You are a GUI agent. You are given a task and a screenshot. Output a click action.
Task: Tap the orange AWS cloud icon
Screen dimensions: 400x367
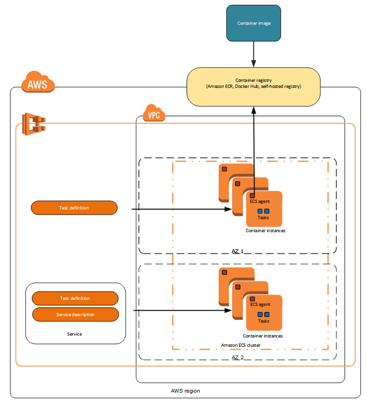click(x=37, y=83)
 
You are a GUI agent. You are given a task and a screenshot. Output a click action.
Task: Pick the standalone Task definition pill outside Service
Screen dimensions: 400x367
click(x=74, y=208)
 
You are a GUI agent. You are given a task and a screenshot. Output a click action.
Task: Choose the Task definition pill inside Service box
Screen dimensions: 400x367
click(x=75, y=298)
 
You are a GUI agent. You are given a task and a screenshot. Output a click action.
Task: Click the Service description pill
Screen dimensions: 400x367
click(x=75, y=315)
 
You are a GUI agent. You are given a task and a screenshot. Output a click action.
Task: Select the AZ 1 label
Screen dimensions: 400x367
click(x=238, y=251)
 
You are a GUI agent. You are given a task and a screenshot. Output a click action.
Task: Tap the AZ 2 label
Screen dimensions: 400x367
click(x=238, y=357)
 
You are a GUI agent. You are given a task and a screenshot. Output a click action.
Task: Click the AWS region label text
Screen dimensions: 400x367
click(x=186, y=391)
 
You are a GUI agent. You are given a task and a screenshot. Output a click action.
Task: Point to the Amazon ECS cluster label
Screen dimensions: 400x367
click(x=241, y=345)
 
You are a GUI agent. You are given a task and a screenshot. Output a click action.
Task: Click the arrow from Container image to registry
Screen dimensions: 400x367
click(x=253, y=54)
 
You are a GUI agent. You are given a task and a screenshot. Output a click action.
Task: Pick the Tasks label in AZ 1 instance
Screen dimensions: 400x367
click(x=263, y=217)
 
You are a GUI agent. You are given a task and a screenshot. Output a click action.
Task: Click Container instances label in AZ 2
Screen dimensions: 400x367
click(x=263, y=336)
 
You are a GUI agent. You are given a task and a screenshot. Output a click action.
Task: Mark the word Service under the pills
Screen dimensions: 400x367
click(x=75, y=334)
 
